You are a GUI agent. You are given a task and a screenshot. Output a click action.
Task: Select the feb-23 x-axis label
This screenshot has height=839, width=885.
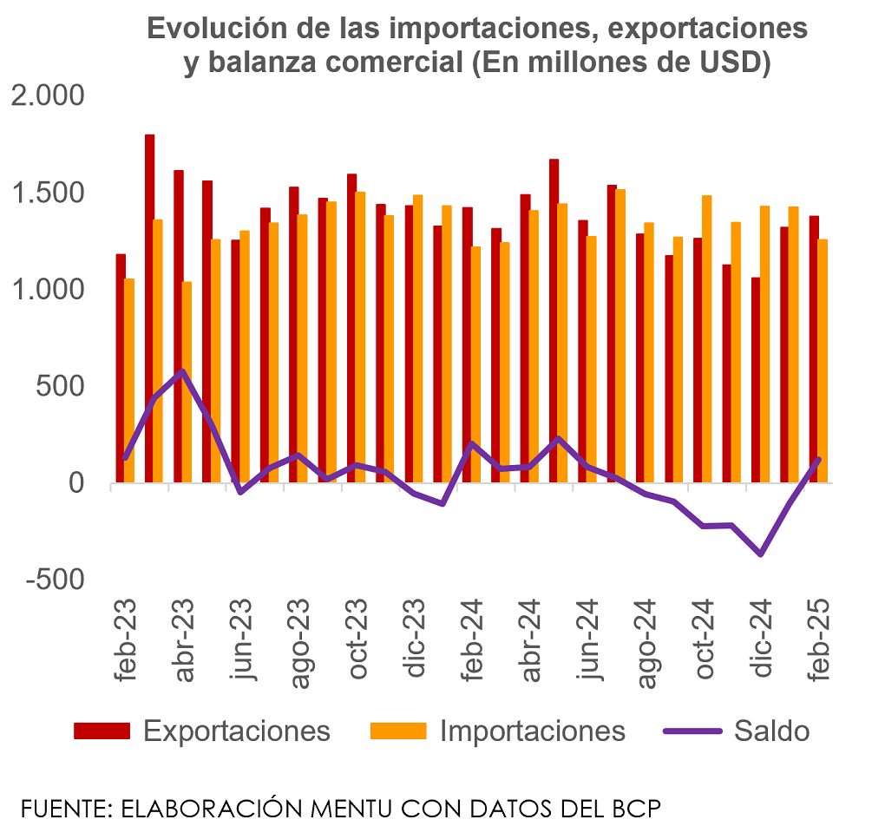click(127, 642)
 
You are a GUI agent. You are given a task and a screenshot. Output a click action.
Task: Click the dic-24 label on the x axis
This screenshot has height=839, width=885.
click(761, 642)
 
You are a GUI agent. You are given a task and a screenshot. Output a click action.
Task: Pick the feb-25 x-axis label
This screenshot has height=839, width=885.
click(818, 642)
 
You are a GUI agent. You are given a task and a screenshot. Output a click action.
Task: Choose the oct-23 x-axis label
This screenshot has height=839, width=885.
click(357, 642)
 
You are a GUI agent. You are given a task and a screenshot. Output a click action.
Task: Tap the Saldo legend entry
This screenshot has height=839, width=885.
click(771, 731)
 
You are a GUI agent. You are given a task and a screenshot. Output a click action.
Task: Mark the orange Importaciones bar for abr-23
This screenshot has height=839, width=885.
click(187, 382)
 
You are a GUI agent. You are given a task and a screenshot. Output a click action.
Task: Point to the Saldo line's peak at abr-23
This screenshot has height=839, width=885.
click(182, 371)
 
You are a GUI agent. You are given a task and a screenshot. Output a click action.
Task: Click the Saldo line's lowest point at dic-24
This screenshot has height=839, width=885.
click(761, 554)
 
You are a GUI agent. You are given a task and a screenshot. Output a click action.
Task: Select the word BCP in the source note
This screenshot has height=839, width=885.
click(638, 810)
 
